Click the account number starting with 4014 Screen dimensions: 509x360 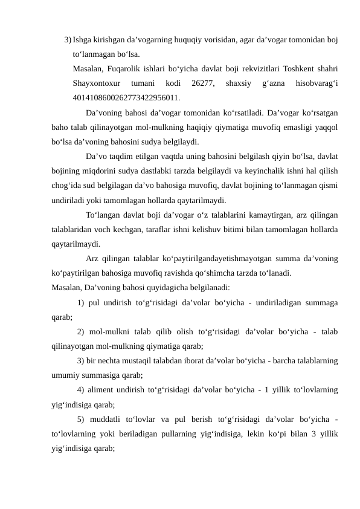pos(126,97)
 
